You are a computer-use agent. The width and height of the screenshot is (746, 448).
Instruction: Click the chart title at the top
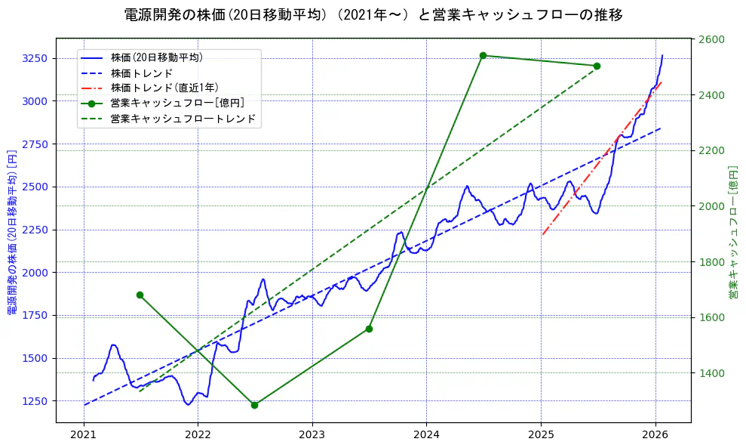coord(373,14)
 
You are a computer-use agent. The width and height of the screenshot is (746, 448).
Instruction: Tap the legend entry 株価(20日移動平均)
coord(156,57)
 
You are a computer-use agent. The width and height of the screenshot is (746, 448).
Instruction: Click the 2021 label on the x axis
coord(83,434)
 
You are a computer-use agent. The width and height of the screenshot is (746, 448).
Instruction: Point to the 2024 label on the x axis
coord(426,434)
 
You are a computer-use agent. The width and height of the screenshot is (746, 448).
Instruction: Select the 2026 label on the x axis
coord(655,434)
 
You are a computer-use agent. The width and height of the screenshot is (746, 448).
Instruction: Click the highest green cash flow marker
coord(483,55)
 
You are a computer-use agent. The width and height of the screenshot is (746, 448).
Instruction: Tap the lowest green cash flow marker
coord(254,405)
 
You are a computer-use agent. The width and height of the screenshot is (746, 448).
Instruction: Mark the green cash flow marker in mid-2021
coord(140,295)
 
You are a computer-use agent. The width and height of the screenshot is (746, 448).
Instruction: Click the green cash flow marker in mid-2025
coord(597,66)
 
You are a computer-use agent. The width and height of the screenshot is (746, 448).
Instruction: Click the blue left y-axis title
coord(12,230)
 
